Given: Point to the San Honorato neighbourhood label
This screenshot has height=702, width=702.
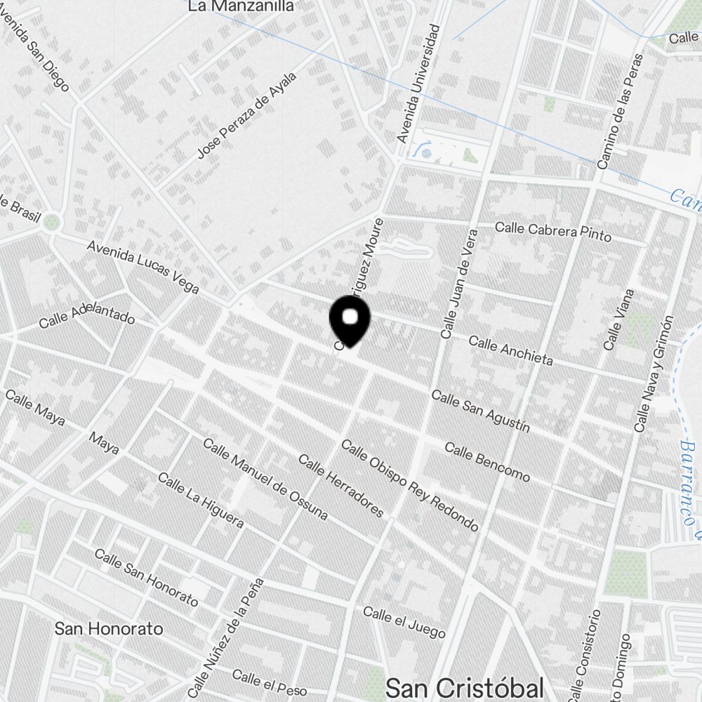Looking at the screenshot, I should [x=109, y=628].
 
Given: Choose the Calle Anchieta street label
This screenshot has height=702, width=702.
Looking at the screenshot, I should [x=510, y=351].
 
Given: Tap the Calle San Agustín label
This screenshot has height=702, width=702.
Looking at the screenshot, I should [x=480, y=411].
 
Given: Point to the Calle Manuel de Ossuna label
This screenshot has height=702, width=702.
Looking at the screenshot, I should [x=265, y=479].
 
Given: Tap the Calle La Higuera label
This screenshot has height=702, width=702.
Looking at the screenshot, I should [x=200, y=500].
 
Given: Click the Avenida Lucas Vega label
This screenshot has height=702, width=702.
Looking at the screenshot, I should [x=143, y=267].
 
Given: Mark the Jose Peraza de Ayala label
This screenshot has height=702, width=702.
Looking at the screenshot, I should [x=246, y=114].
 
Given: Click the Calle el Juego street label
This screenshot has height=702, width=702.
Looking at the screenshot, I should [x=404, y=623].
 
